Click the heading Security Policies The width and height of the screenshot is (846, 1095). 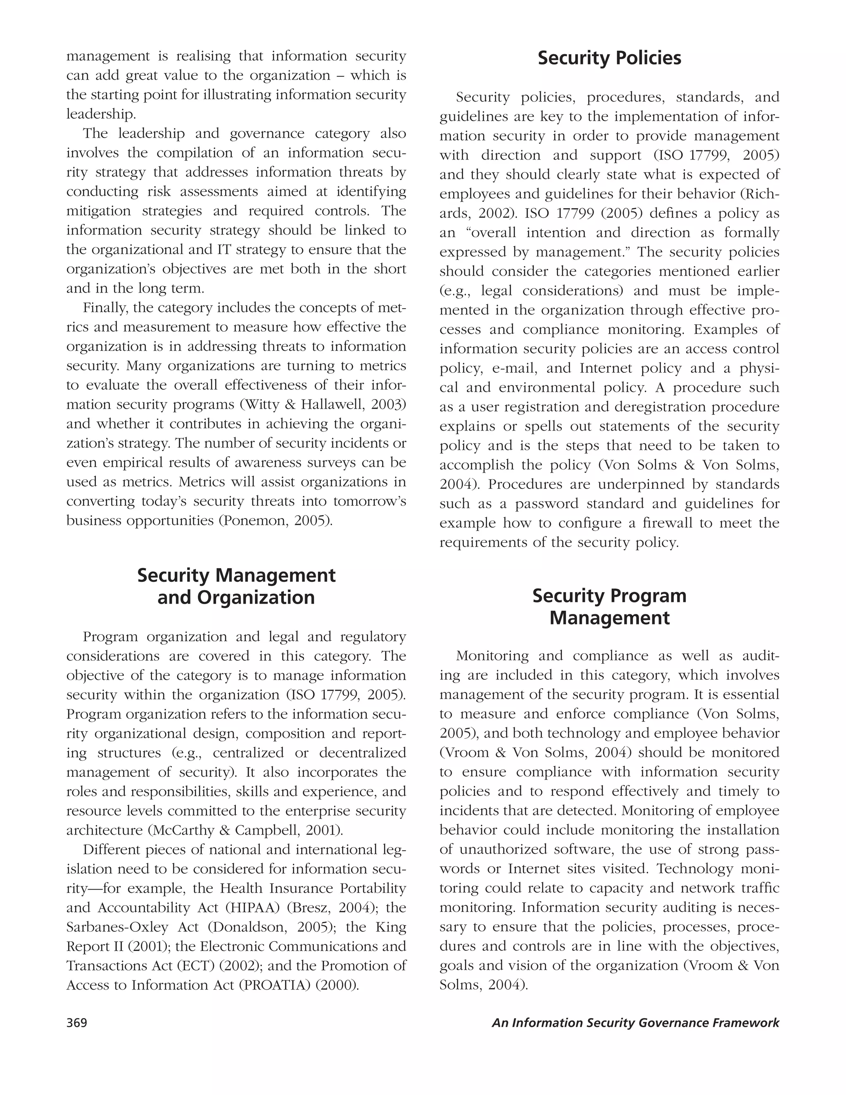click(609, 58)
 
